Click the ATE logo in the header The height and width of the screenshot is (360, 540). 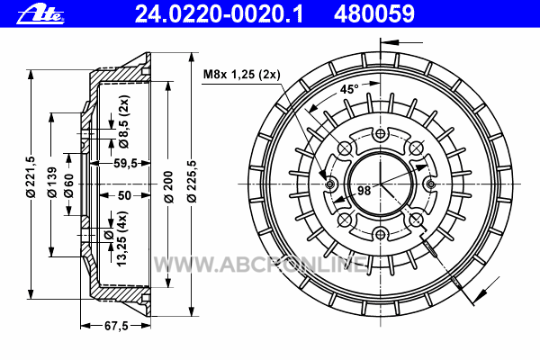coord(40,15)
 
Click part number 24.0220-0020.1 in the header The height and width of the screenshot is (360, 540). coord(219,14)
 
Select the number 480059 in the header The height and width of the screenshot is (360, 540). coord(374,14)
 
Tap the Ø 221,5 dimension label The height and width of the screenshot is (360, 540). coord(31,176)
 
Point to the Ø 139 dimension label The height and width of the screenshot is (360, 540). coord(52,182)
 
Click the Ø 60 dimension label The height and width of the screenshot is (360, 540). coord(69,185)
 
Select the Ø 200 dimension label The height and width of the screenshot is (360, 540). coord(169,186)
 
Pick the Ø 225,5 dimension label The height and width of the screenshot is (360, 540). coord(192,181)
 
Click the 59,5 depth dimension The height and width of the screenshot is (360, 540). coord(125,163)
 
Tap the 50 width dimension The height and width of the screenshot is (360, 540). coord(124,195)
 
